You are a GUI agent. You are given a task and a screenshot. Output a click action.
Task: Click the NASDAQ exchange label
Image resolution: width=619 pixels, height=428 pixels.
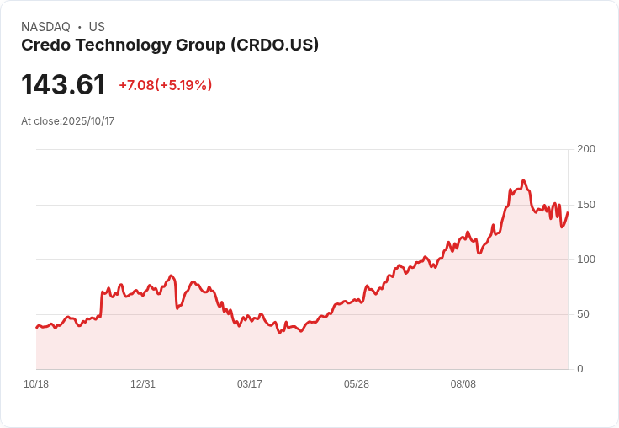45,27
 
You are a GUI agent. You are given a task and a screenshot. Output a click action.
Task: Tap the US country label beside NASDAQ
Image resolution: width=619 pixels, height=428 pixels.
97,27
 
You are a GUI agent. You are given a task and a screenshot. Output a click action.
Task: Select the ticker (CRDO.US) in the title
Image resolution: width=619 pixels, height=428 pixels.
274,45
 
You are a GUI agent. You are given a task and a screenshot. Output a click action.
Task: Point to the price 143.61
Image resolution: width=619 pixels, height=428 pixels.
63,85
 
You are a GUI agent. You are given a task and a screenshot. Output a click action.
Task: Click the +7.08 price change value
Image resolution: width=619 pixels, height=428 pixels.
135,85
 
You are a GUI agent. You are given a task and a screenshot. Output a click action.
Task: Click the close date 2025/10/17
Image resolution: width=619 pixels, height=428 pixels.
88,121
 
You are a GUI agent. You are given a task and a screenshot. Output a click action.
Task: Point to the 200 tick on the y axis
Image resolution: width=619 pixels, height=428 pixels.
586,149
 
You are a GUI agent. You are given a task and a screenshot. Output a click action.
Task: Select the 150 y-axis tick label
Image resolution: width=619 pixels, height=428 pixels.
586,205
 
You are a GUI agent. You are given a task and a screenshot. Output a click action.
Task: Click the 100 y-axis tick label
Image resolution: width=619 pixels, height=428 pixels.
586,259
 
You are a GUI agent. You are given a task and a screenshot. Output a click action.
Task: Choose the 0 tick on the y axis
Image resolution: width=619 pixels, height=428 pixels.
579,369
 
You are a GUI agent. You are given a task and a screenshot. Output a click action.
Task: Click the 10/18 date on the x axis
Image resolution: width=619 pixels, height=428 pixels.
36,384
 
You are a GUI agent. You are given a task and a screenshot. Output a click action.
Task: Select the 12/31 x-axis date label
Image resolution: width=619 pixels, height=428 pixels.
143,384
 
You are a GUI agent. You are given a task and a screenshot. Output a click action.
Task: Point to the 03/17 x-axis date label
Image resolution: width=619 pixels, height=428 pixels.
250,384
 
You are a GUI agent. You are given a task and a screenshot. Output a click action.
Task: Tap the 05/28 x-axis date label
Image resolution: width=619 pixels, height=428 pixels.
357,384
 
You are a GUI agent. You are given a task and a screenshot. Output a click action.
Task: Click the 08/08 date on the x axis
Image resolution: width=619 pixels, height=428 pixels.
463,384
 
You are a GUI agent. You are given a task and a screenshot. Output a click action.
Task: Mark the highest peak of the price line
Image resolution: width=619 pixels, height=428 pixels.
523,180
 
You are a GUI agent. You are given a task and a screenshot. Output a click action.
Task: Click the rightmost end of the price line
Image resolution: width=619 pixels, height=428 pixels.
568,212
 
